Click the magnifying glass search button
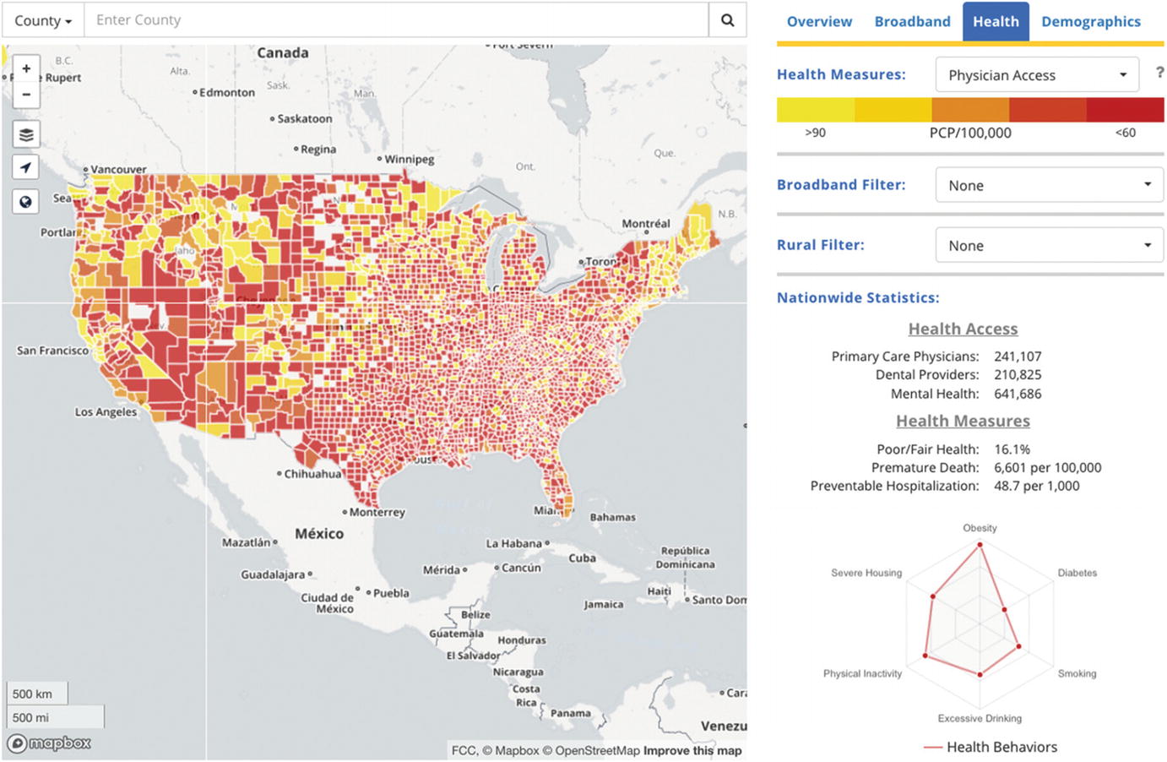click(x=727, y=20)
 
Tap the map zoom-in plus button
click(x=26, y=68)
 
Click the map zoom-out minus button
click(x=26, y=94)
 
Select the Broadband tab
click(x=912, y=21)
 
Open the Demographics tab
click(x=1090, y=21)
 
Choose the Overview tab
click(x=819, y=21)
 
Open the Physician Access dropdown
click(x=1037, y=75)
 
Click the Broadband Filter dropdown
click(x=1049, y=185)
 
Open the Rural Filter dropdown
click(x=1049, y=246)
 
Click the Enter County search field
click(x=395, y=20)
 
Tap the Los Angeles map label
click(x=106, y=412)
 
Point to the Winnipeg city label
click(x=409, y=159)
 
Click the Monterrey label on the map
click(x=377, y=512)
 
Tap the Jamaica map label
click(x=603, y=604)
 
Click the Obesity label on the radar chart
click(x=980, y=528)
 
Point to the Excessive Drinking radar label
click(x=980, y=718)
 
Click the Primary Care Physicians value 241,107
click(x=1018, y=357)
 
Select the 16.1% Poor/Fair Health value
click(x=1012, y=449)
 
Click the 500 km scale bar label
click(x=32, y=694)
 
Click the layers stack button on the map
click(x=26, y=134)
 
